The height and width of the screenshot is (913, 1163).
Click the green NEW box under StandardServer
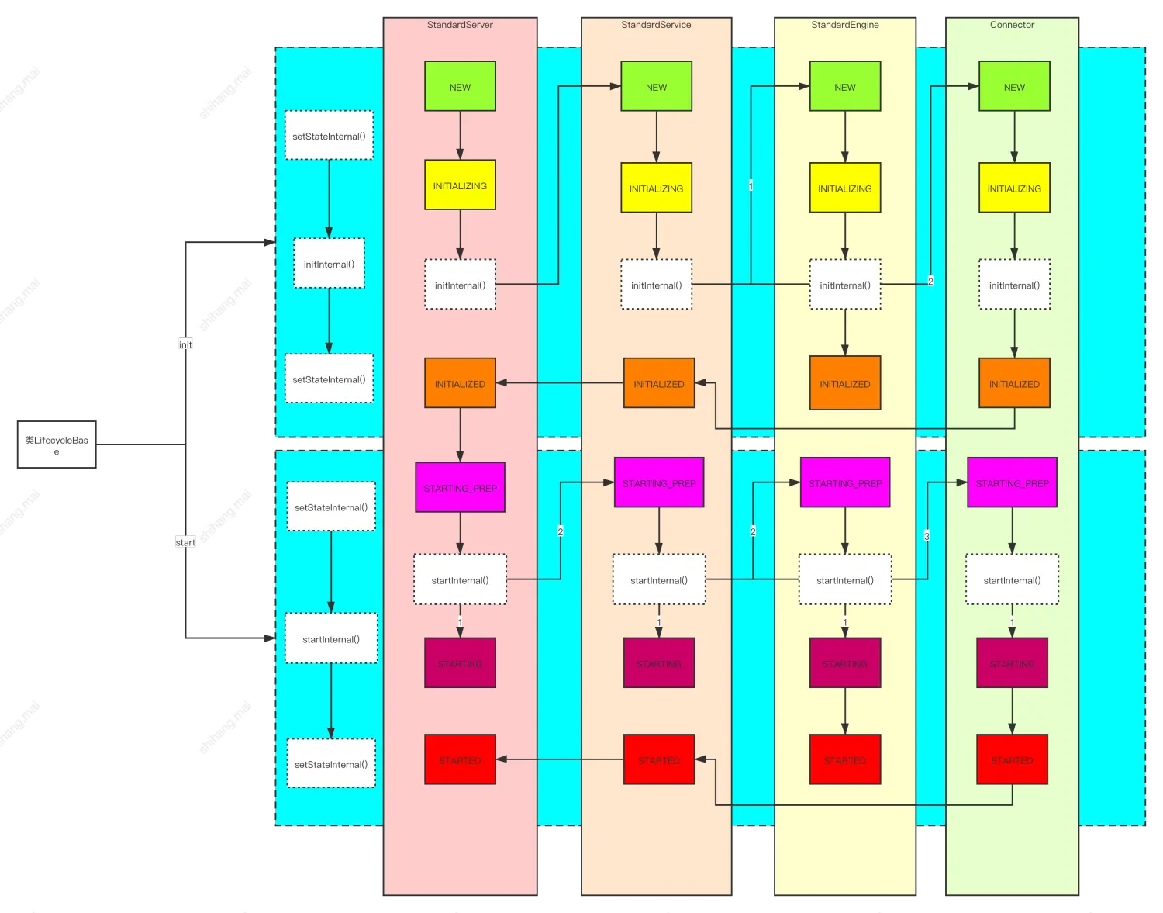[x=460, y=86]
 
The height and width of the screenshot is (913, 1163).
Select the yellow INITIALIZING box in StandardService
[x=656, y=188]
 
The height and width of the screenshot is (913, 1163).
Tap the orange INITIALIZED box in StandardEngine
[x=845, y=383]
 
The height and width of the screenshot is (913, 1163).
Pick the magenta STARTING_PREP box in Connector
[x=1012, y=482]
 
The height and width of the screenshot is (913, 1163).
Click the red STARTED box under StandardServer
[x=460, y=759]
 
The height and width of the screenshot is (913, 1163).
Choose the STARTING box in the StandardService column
[x=659, y=663]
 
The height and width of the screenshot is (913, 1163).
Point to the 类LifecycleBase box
[x=56, y=444]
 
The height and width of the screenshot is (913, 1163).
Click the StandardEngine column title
[x=845, y=25]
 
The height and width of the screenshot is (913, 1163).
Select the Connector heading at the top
[x=1012, y=25]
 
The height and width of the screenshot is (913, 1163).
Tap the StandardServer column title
[x=460, y=25]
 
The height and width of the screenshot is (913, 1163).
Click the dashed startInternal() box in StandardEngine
[x=845, y=579]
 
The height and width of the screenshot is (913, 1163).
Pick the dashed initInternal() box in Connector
[x=1014, y=285]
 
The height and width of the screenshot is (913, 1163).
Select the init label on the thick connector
[x=185, y=344]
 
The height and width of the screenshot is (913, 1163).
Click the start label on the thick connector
[x=185, y=542]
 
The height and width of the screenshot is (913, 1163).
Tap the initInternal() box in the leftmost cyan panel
[x=329, y=264]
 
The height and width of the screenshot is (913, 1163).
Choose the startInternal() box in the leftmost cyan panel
[x=331, y=638]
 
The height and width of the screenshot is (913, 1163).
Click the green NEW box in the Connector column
[x=1014, y=86]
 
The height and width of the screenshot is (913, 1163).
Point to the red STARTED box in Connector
[x=1012, y=759]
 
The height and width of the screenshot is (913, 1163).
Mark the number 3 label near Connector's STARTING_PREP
[x=927, y=535]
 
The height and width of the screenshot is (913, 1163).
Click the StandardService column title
[x=656, y=25]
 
